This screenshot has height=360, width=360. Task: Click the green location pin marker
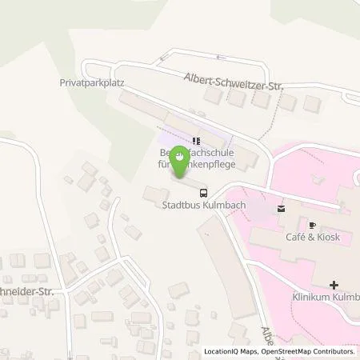[x=182, y=162]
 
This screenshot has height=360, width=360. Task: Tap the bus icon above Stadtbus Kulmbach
[x=203, y=192]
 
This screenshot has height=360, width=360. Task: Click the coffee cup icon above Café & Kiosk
[x=312, y=226]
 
